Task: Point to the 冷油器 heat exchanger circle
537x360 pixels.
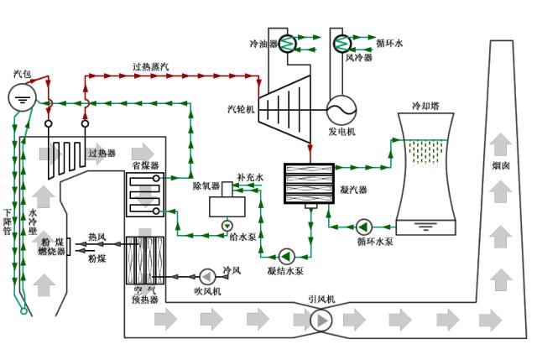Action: click(x=288, y=43)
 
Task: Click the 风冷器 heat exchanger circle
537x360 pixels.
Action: click(x=342, y=43)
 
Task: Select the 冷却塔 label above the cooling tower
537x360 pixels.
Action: click(x=427, y=107)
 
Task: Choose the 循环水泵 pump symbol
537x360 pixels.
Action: click(x=364, y=226)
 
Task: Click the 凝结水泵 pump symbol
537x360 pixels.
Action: click(x=286, y=254)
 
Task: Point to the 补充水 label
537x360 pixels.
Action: click(x=249, y=177)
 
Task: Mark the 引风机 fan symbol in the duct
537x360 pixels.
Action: click(x=321, y=319)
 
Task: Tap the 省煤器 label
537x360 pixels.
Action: click(x=144, y=166)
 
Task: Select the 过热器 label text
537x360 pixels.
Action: click(x=102, y=153)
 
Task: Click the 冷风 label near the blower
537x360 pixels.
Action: click(x=232, y=270)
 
